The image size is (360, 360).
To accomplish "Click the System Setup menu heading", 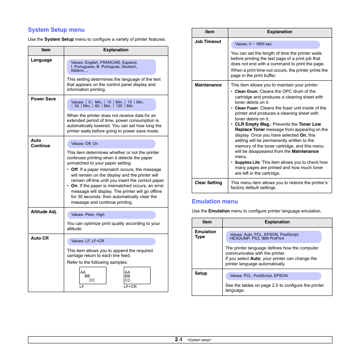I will tap(56, 30).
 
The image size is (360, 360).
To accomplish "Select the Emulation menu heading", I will tap(215, 202).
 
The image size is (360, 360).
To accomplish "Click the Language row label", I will tap(42, 60).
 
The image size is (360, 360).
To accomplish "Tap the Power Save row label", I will tap(43, 99).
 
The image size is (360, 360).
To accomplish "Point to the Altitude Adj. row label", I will tap(44, 212).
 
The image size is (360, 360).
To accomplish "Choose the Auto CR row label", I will tap(40, 238).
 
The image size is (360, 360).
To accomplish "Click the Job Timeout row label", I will tap(208, 42).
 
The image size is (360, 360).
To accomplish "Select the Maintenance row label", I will tap(208, 85).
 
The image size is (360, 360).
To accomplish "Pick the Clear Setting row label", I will tap(208, 183).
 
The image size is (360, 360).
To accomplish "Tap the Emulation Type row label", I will tap(205, 234).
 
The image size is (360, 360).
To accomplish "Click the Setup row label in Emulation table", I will tap(201, 274).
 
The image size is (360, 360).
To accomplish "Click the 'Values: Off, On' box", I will tap(111, 144).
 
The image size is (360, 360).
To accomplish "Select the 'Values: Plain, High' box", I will tap(111, 215).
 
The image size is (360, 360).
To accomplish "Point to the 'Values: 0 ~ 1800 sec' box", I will tap(275, 45).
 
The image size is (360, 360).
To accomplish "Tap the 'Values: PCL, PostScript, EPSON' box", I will tap(273, 276).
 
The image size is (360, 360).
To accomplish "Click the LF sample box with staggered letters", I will tap(93, 275).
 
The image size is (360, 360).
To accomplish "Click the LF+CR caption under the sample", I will tap(130, 287).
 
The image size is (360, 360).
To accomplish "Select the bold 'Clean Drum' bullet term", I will tap(246, 92).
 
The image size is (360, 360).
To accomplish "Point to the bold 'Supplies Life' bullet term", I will tap(247, 163).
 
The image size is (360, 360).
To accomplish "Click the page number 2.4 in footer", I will tap(178, 340).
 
